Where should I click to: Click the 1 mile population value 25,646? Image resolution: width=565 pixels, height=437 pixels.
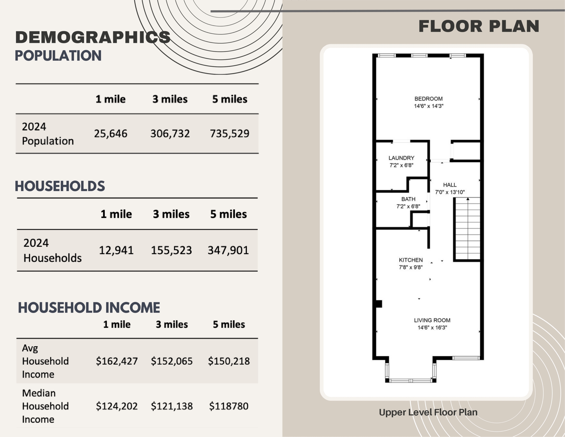pyautogui.click(x=111, y=134)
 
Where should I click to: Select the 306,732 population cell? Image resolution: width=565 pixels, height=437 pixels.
pyautogui.click(x=170, y=134)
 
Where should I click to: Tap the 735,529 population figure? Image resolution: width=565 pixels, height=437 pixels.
pyautogui.click(x=230, y=134)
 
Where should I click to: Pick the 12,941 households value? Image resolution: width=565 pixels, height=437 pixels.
pyautogui.click(x=116, y=250)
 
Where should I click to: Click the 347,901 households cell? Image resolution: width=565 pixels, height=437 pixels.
pyautogui.click(x=228, y=250)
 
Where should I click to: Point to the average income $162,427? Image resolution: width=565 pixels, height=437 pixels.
pyautogui.click(x=117, y=361)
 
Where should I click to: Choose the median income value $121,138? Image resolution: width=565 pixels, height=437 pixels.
pyautogui.click(x=172, y=406)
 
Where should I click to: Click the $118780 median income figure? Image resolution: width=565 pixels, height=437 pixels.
pyautogui.click(x=229, y=406)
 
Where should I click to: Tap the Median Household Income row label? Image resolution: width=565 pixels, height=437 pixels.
pyautogui.click(x=45, y=406)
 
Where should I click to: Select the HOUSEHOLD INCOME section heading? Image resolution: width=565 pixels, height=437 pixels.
pyautogui.click(x=89, y=308)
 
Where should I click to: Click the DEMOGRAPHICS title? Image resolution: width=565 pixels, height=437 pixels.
pyautogui.click(x=93, y=37)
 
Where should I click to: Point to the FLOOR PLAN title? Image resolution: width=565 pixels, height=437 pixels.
pyautogui.click(x=479, y=27)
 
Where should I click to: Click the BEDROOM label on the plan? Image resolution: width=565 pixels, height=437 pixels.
pyautogui.click(x=428, y=99)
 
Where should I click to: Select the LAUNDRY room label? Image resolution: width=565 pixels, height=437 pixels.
pyautogui.click(x=401, y=158)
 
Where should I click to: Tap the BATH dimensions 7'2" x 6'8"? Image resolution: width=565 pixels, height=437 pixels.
pyautogui.click(x=408, y=206)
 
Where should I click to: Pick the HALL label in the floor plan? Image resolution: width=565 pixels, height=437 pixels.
pyautogui.click(x=450, y=185)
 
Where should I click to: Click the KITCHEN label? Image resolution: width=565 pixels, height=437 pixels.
pyautogui.click(x=411, y=260)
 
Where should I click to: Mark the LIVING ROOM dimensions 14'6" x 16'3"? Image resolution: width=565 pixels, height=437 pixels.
pyautogui.click(x=432, y=328)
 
